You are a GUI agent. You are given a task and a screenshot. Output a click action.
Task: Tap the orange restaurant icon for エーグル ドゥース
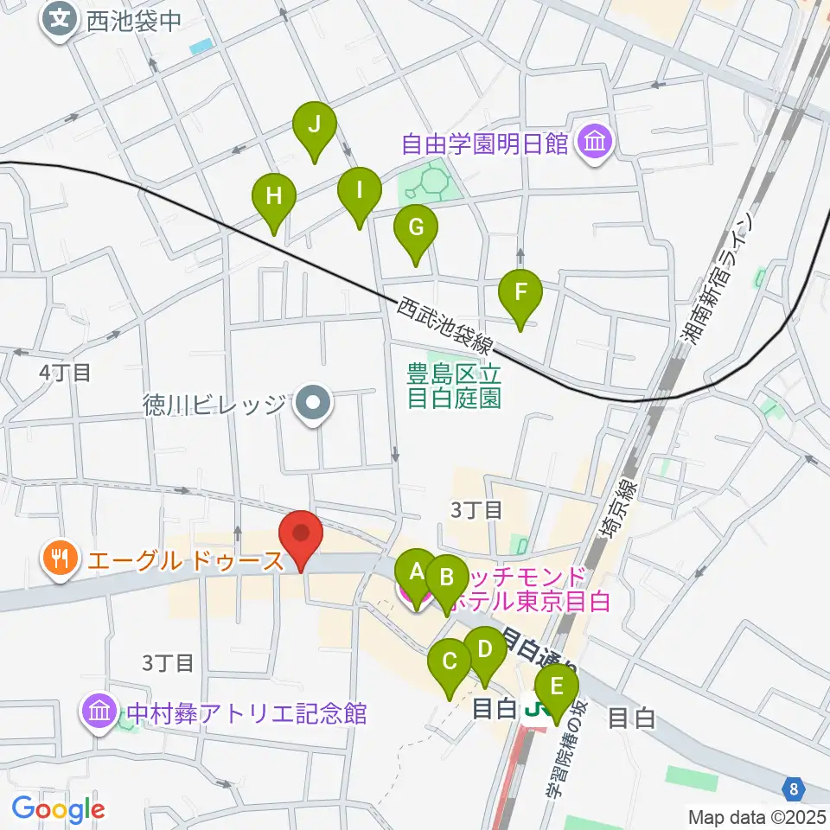(x=60, y=560)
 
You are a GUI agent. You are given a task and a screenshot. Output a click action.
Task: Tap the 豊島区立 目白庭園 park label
(x=454, y=386)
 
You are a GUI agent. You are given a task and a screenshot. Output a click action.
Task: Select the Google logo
(x=58, y=809)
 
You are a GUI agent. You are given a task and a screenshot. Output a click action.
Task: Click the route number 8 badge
(x=795, y=788)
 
